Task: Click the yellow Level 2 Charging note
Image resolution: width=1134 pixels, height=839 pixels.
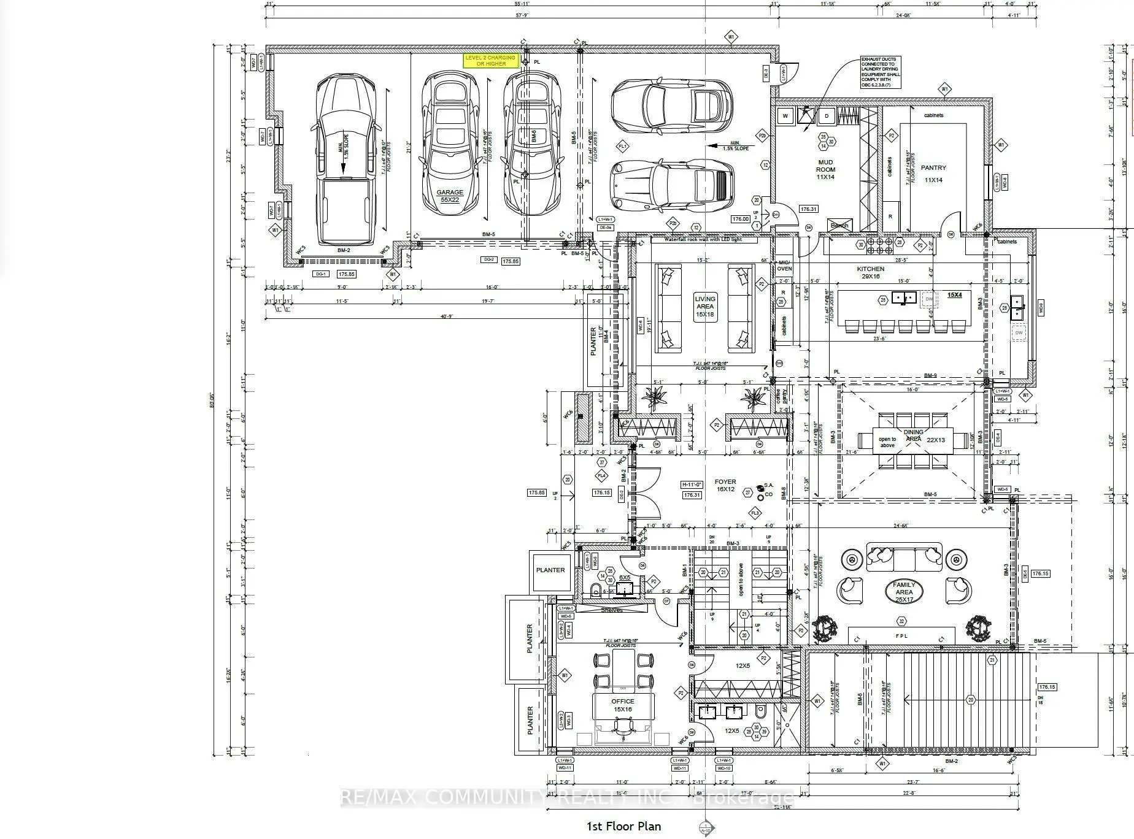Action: [x=490, y=60]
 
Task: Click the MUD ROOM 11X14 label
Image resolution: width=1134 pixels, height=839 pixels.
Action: [x=825, y=170]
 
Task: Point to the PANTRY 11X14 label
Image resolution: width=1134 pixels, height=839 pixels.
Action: [x=933, y=173]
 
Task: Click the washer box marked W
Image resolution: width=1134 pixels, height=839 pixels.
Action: [x=785, y=115]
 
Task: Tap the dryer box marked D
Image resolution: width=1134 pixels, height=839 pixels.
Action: [x=827, y=115]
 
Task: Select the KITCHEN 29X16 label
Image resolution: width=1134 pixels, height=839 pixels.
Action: [x=871, y=272]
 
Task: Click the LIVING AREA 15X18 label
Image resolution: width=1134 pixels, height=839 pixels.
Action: [x=704, y=307]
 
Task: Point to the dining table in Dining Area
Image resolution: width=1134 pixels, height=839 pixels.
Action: [x=904, y=440]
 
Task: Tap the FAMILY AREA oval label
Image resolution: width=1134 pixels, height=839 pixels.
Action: [x=904, y=592]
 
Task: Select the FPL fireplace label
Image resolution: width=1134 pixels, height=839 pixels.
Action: [x=901, y=636]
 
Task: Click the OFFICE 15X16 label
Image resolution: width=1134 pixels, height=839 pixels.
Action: [x=622, y=705]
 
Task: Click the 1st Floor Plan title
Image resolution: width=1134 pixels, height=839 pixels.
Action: [x=624, y=826]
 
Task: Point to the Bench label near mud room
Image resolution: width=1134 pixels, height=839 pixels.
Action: [x=839, y=225]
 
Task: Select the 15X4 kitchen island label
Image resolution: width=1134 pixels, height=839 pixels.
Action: [x=954, y=294]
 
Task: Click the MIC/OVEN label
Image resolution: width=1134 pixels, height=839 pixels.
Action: [x=784, y=265]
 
